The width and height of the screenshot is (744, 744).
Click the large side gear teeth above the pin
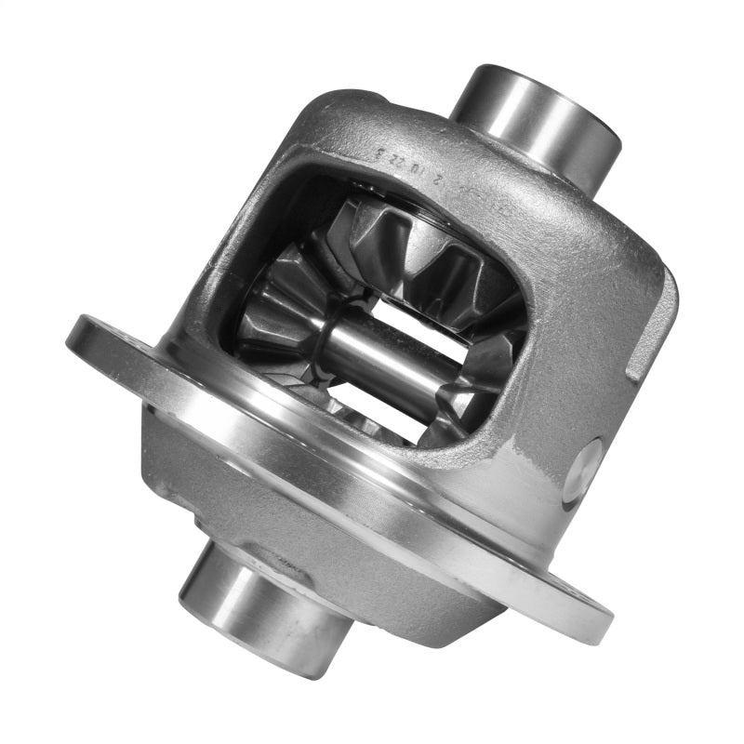tap(418, 246)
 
